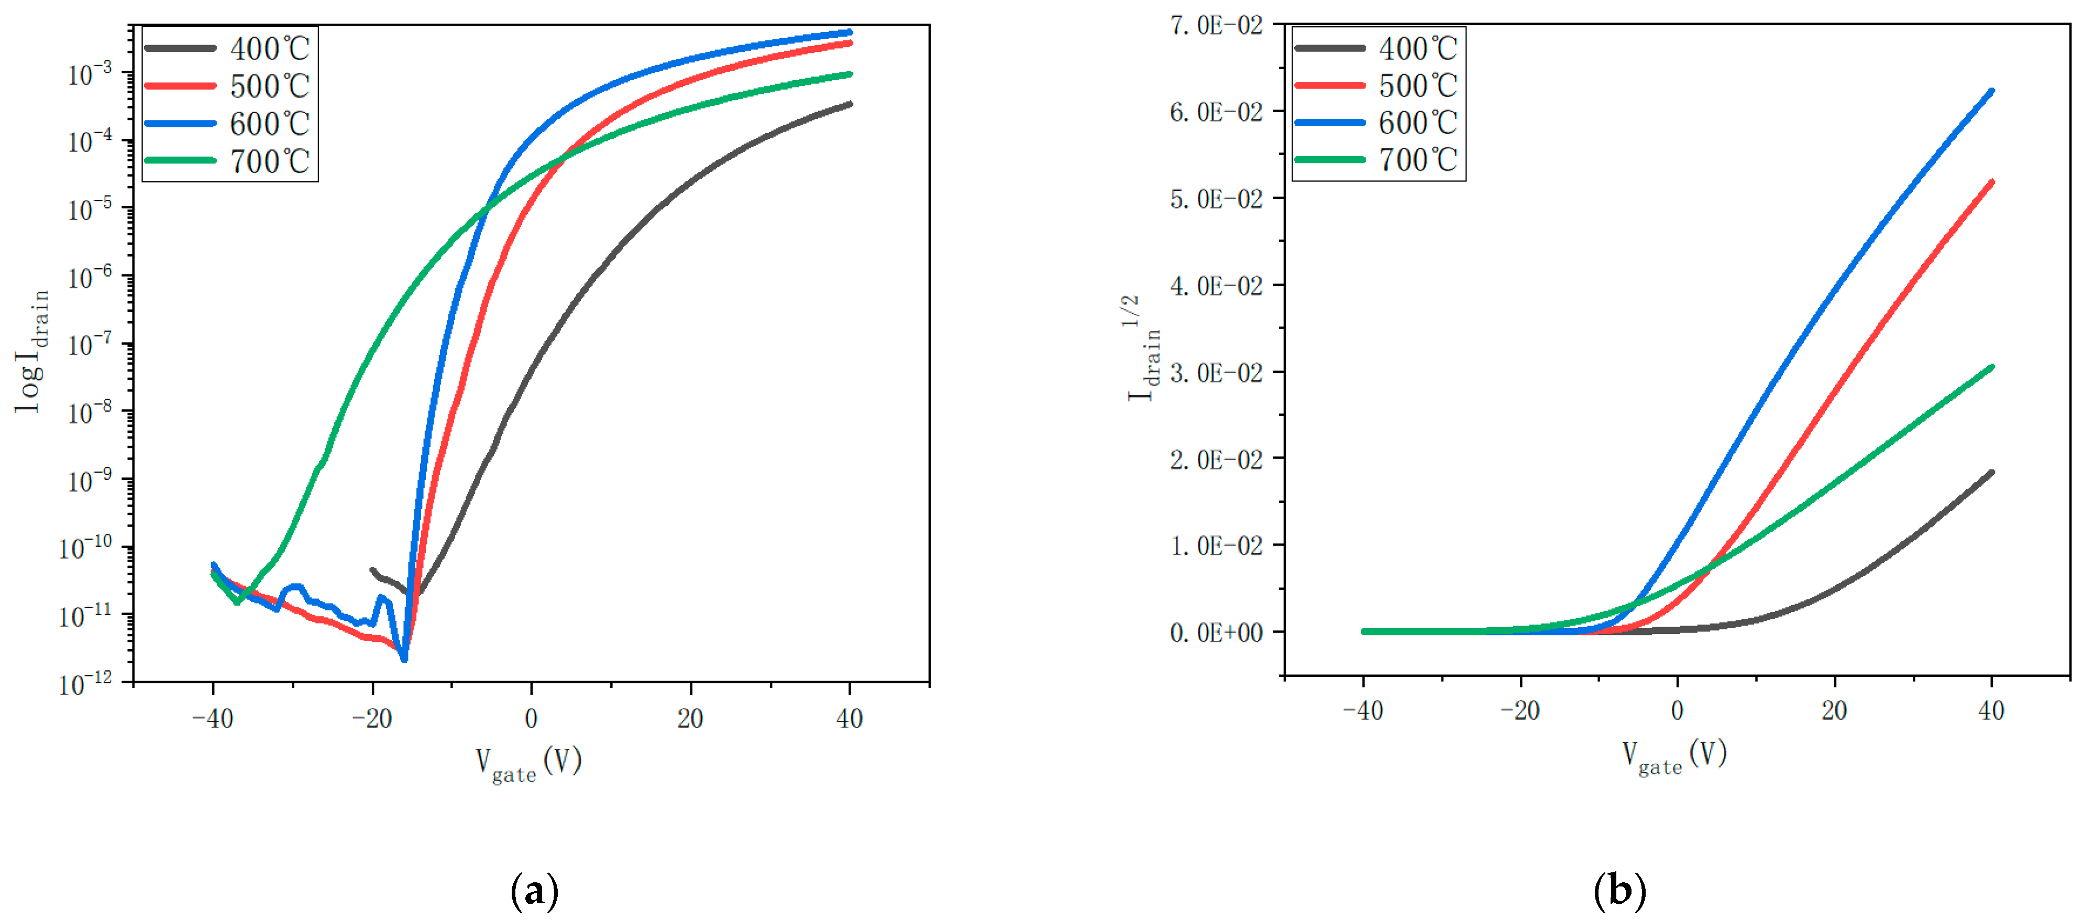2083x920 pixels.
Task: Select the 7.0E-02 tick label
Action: click(1215, 25)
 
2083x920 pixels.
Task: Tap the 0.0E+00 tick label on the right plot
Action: click(1215, 632)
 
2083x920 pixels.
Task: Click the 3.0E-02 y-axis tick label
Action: click(1215, 372)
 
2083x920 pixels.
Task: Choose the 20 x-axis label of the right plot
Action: click(1834, 710)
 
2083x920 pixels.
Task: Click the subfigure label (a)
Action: click(534, 891)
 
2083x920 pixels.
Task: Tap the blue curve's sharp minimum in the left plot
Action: click(404, 660)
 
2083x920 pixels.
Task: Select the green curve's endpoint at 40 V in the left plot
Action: click(849, 74)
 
